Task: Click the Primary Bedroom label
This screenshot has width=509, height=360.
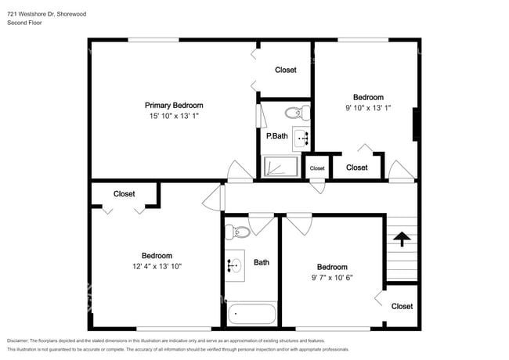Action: (x=174, y=105)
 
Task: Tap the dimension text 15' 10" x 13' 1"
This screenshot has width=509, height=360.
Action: (x=174, y=116)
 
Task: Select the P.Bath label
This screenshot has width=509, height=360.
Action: (x=276, y=136)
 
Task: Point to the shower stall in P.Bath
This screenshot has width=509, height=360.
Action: (x=280, y=167)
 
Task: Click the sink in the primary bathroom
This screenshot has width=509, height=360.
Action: (x=301, y=139)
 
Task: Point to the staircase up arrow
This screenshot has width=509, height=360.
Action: (x=403, y=238)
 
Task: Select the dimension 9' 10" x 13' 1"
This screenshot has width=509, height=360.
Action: (x=368, y=108)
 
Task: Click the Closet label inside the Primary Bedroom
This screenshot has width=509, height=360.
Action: (x=286, y=70)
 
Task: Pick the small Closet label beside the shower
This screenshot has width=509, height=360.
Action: (x=317, y=168)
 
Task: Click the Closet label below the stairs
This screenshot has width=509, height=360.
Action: (x=402, y=306)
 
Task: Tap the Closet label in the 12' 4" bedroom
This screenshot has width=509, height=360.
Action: (x=124, y=193)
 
